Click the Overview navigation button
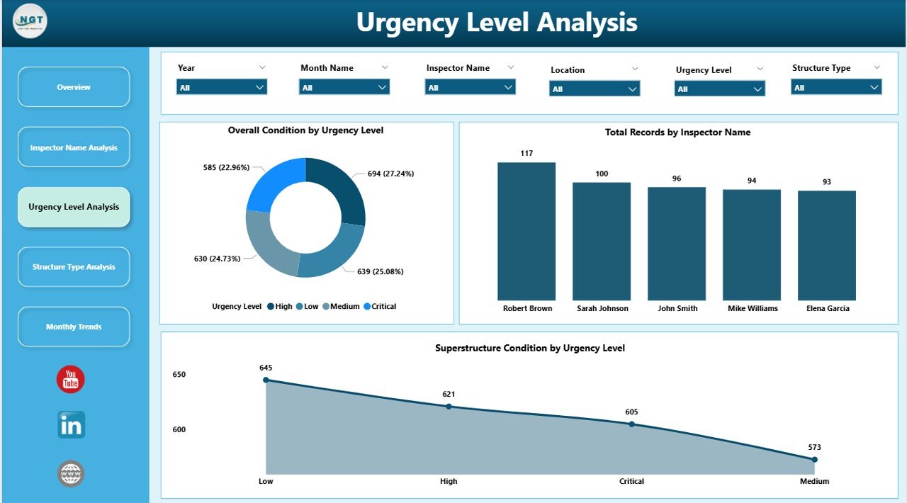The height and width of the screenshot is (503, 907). [74, 87]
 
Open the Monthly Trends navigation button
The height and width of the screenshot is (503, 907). [74, 327]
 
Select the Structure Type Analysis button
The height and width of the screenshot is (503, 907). [74, 267]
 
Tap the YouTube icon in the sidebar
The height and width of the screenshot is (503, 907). [71, 380]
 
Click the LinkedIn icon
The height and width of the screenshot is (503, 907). [71, 425]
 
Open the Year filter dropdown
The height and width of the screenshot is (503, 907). [222, 87]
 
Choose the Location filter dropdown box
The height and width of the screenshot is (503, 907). [595, 89]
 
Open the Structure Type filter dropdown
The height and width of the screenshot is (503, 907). [836, 87]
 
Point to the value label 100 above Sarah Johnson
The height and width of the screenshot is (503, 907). [602, 174]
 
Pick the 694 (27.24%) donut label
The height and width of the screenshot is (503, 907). [390, 174]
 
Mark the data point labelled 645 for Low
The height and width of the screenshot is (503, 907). [266, 380]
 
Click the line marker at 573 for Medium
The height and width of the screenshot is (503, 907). [814, 460]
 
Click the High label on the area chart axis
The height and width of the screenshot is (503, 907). [449, 482]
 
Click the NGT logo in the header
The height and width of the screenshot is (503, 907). [30, 22]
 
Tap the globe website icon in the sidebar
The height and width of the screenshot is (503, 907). [71, 473]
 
